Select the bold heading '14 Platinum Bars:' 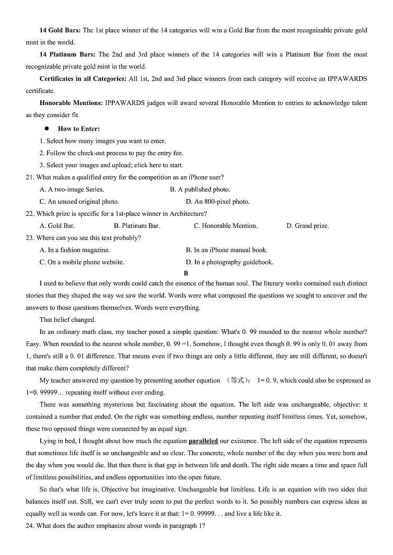[x=67, y=54]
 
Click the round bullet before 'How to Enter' [x=47, y=129]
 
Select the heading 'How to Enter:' [x=79, y=129]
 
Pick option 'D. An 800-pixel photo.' [x=217, y=202]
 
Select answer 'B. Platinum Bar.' [x=136, y=226]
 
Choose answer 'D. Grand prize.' [x=307, y=226]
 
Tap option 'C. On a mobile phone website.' [x=82, y=262]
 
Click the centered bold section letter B [x=186, y=273]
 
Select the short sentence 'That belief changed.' [x=67, y=320]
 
